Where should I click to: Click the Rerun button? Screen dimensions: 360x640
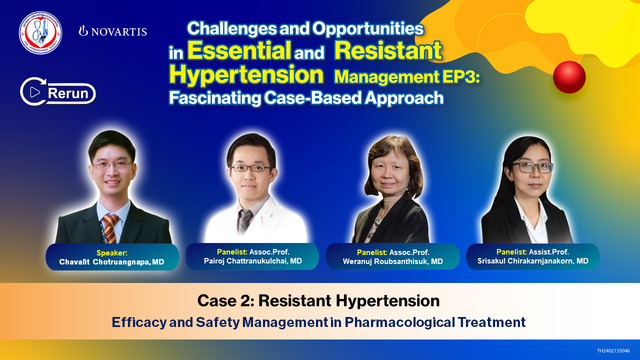coord(57,93)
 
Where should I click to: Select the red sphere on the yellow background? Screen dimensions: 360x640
coord(569,75)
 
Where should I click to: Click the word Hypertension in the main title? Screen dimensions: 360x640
coord(246,73)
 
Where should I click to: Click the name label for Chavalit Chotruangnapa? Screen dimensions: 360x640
coord(99,255)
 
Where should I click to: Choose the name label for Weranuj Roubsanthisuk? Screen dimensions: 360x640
coord(396,255)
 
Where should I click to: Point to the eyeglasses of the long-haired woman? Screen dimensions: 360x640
coord(526,166)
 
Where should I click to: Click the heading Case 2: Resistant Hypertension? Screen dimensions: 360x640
coord(319,301)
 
